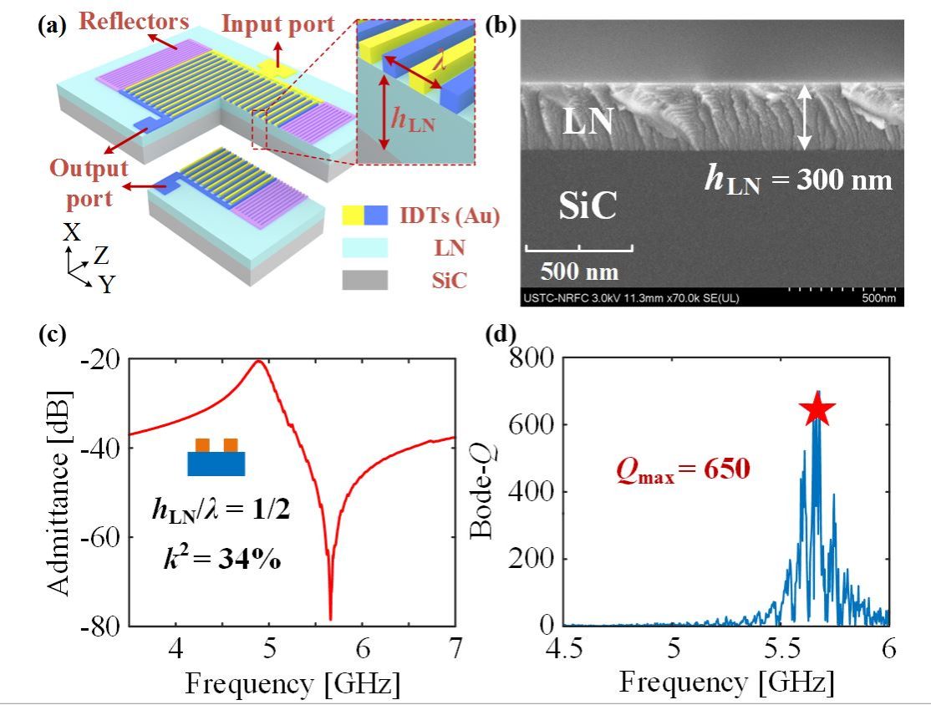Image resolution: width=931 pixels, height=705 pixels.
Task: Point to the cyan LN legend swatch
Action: coord(365,248)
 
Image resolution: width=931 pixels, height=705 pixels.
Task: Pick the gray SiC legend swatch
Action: coord(365,281)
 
